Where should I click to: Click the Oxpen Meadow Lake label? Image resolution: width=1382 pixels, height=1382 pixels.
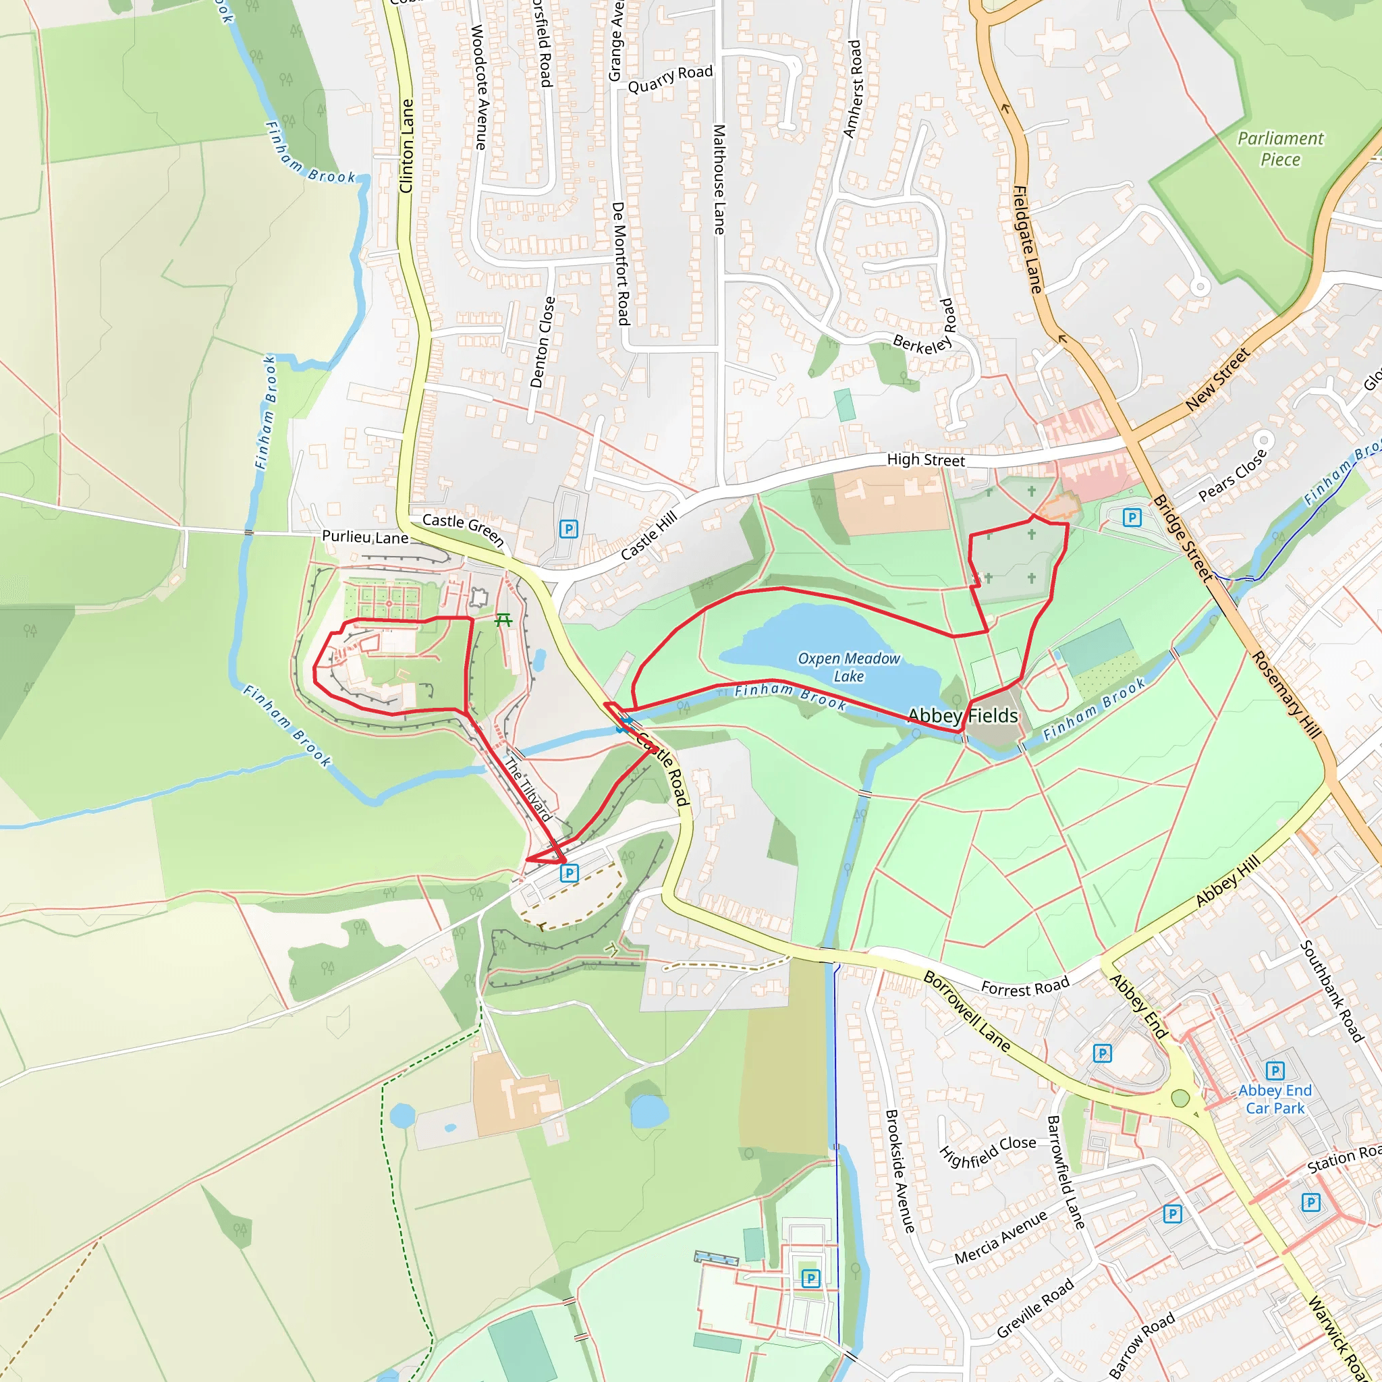tap(848, 667)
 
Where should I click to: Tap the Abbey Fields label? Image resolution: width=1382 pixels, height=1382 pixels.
tap(962, 715)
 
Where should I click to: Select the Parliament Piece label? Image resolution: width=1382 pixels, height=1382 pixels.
tap(1280, 148)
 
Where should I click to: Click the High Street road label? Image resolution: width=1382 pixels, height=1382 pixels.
tap(926, 460)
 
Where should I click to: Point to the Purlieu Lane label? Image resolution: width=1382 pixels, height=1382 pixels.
tap(365, 536)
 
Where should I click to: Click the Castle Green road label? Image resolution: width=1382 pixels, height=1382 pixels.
tap(464, 529)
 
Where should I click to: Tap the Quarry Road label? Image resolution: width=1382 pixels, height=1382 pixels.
tap(670, 80)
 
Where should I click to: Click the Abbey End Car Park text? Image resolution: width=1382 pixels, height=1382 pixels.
tap(1275, 1099)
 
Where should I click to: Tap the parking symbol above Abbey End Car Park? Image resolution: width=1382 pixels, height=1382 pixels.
tap(1275, 1071)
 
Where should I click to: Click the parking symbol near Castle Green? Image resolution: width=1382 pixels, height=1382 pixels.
tap(568, 529)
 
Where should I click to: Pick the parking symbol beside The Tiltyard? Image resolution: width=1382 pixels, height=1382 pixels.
tap(570, 873)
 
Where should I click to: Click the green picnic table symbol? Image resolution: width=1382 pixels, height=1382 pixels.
tap(503, 620)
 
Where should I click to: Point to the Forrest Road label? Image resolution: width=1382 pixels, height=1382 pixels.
tap(1025, 987)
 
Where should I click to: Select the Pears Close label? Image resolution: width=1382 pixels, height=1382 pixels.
tap(1232, 474)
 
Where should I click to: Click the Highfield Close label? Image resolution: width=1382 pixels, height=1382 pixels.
tap(987, 1151)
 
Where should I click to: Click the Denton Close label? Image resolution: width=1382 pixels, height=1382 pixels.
tap(543, 342)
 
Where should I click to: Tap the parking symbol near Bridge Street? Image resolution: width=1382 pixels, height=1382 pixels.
tap(1132, 517)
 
